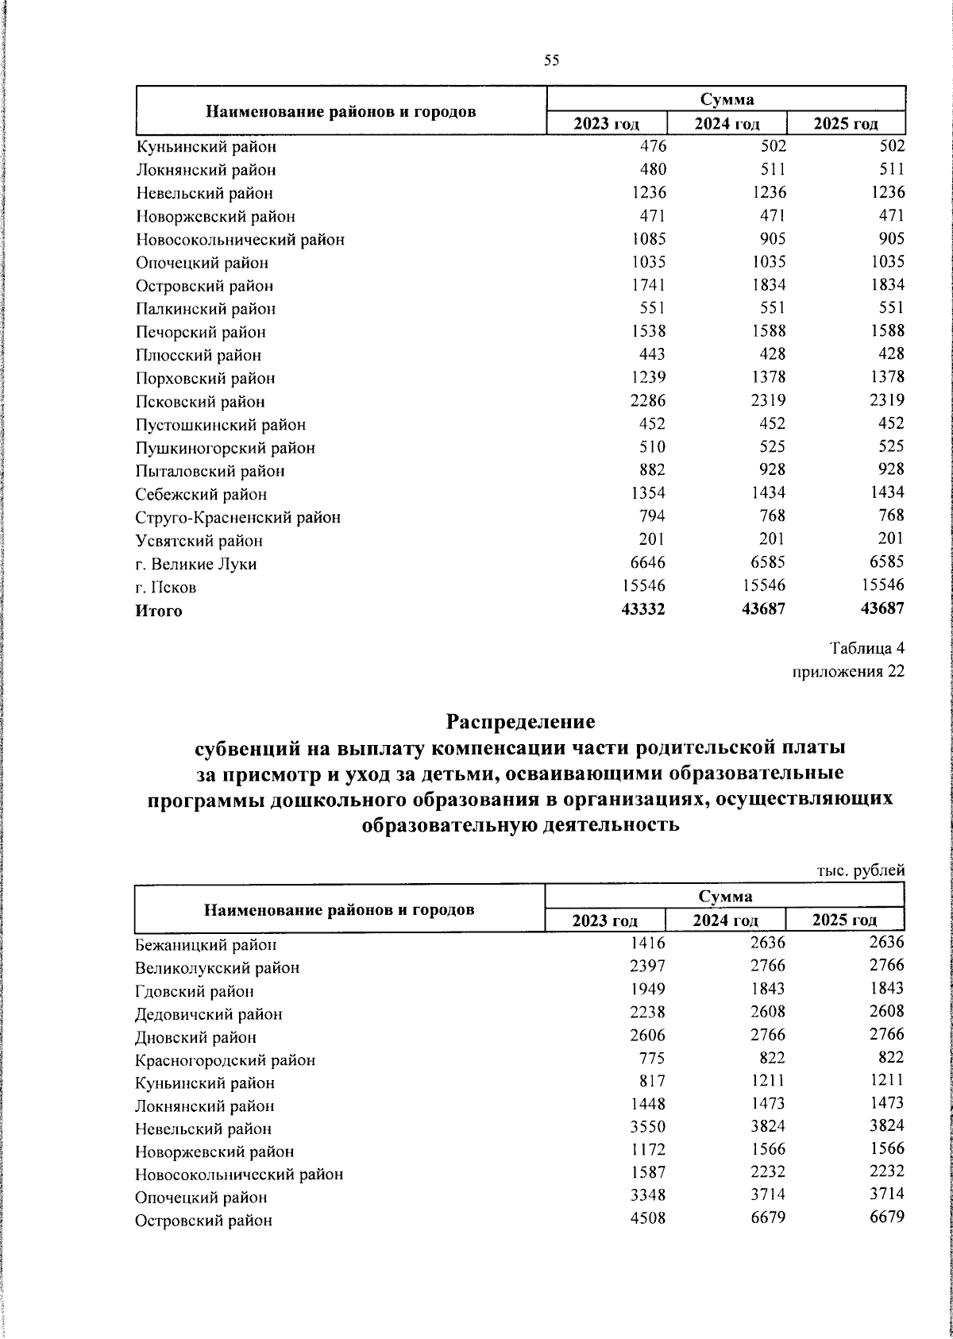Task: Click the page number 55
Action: pyautogui.click(x=552, y=60)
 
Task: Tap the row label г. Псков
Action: pyautogui.click(x=166, y=588)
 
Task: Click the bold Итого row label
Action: pyautogui.click(x=159, y=611)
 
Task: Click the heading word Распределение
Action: pyautogui.click(x=520, y=722)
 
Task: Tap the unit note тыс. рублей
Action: pyautogui.click(x=861, y=870)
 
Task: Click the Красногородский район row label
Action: pyautogui.click(x=225, y=1060)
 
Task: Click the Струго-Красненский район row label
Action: pyautogui.click(x=238, y=518)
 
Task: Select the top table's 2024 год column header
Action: pyautogui.click(x=727, y=124)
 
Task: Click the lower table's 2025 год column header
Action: pyautogui.click(x=844, y=920)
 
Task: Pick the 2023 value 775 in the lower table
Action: pyautogui.click(x=652, y=1058)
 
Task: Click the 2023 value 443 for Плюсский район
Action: pyautogui.click(x=651, y=353)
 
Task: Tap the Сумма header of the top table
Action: pyautogui.click(x=727, y=99)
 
